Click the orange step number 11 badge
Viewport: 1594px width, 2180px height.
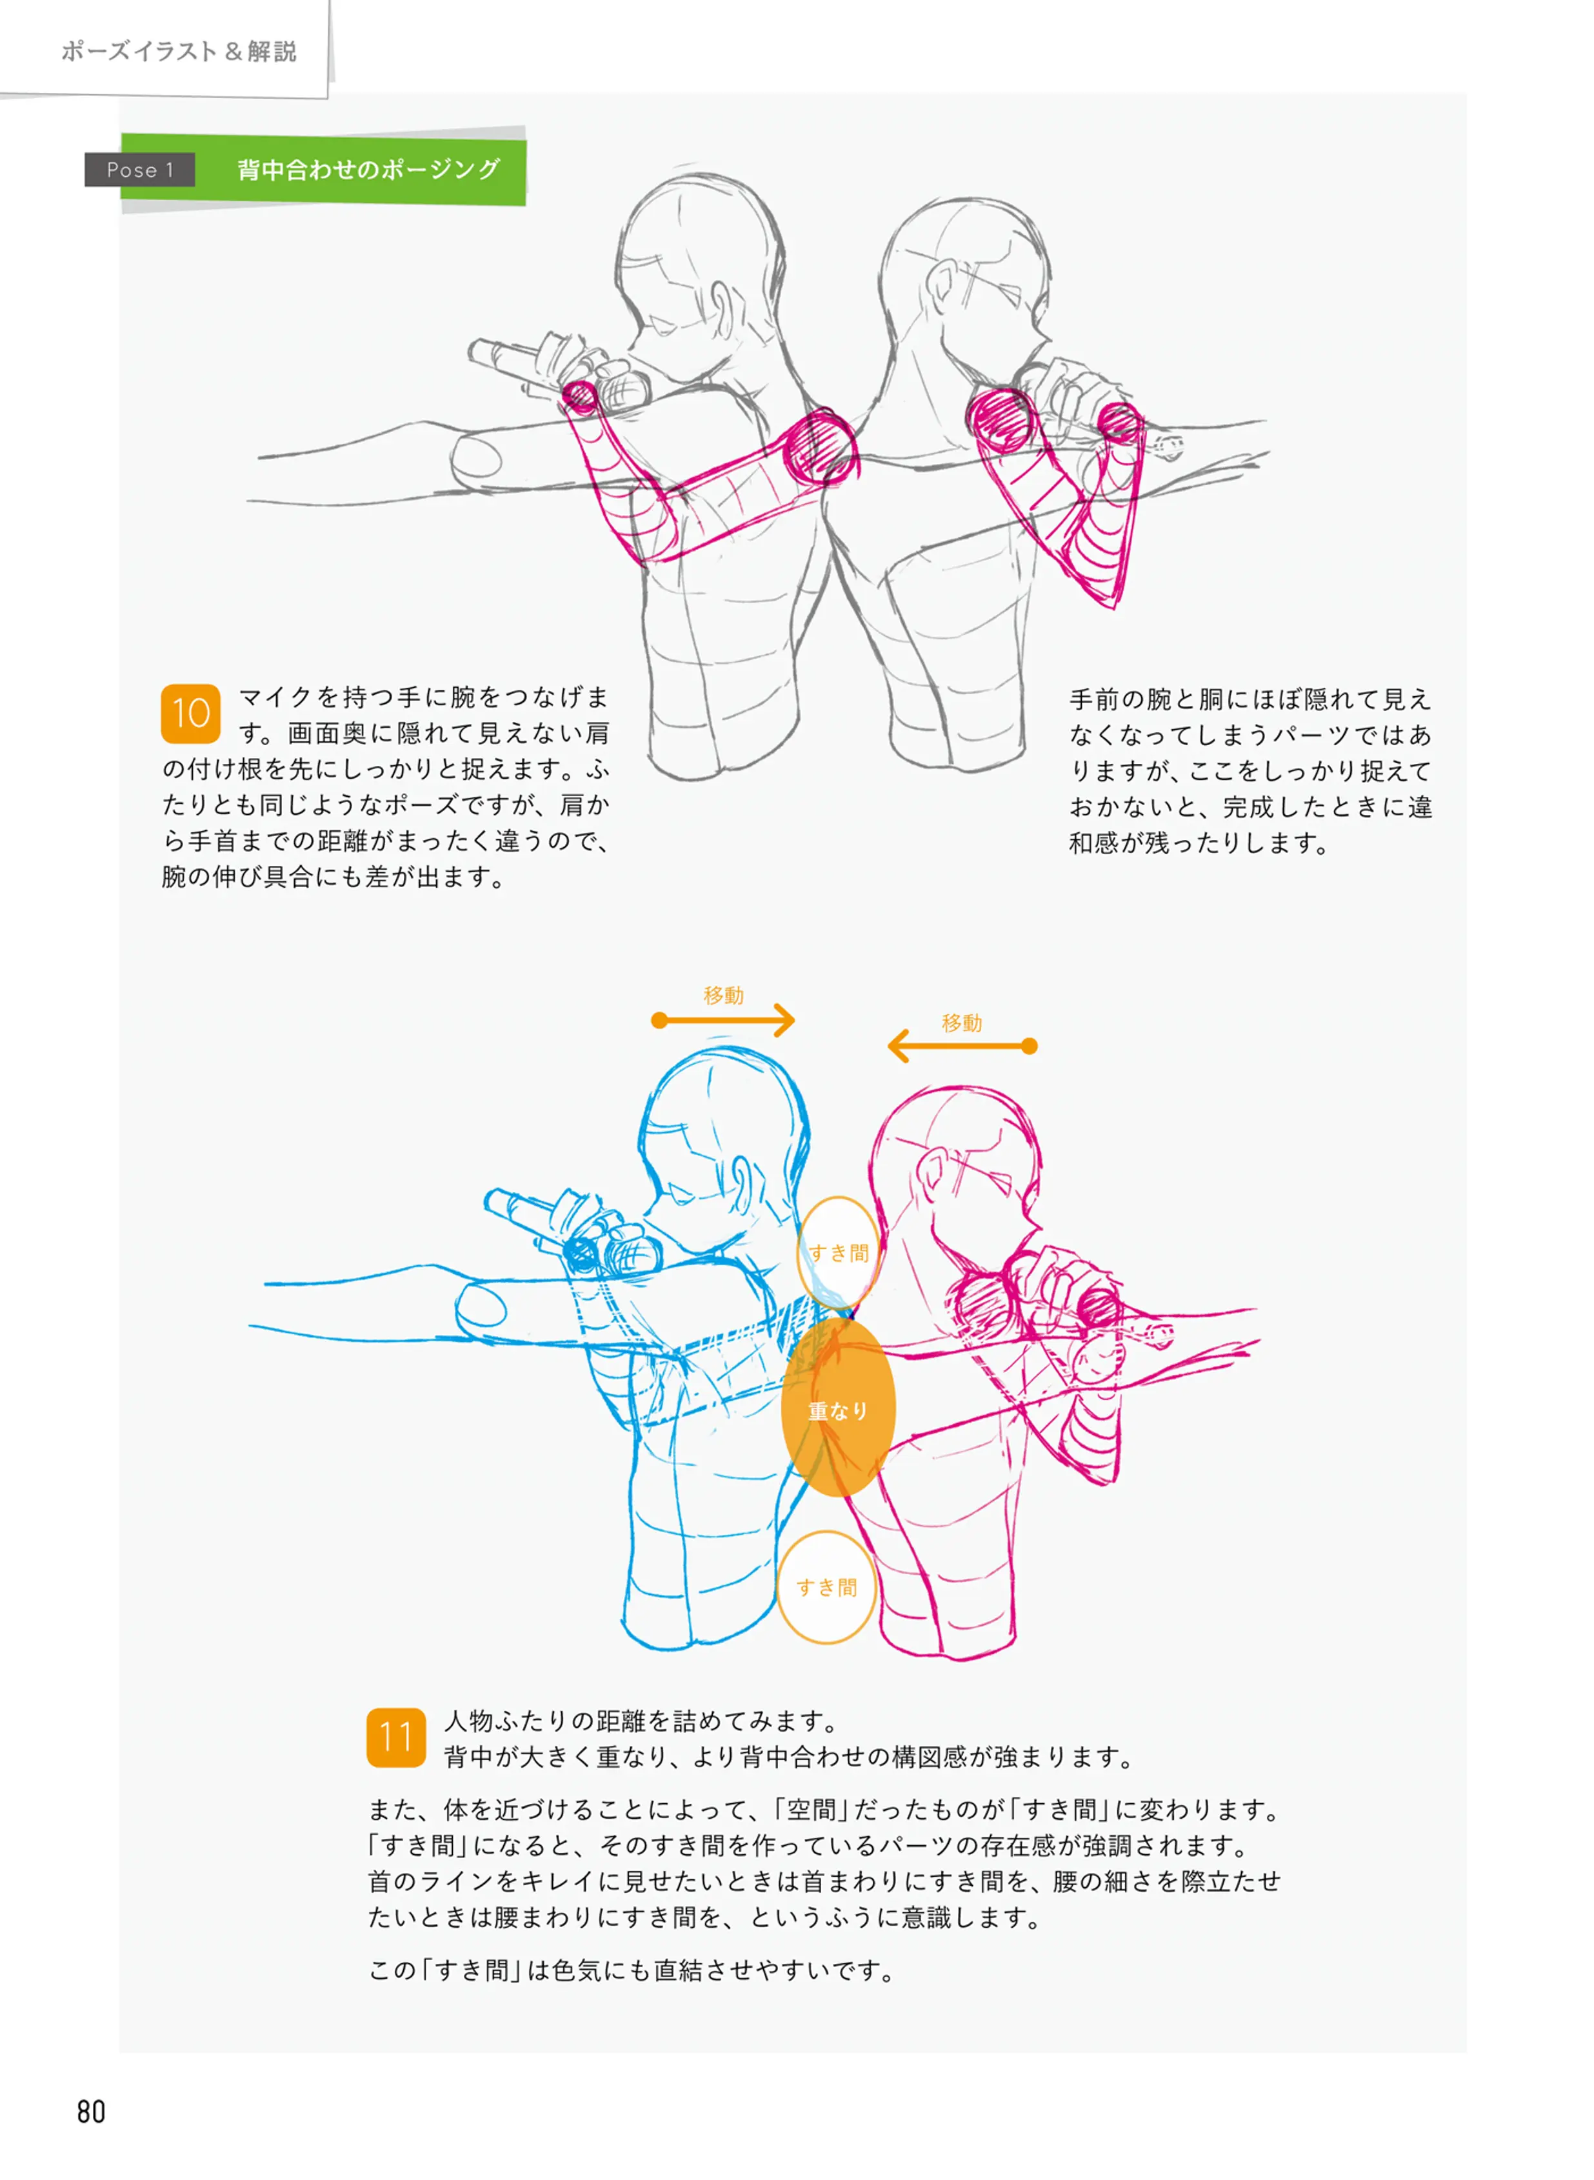(x=395, y=1737)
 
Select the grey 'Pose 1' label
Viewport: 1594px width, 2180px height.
(x=140, y=170)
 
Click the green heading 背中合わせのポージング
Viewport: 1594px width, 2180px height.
(x=368, y=170)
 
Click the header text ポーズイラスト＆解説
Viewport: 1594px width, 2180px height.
(x=179, y=51)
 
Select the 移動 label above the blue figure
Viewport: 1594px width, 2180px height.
(x=724, y=995)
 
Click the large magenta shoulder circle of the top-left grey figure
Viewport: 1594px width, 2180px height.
(x=820, y=445)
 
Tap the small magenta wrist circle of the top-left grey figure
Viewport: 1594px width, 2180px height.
(x=581, y=397)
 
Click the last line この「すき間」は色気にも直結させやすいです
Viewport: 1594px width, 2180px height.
(x=632, y=1970)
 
